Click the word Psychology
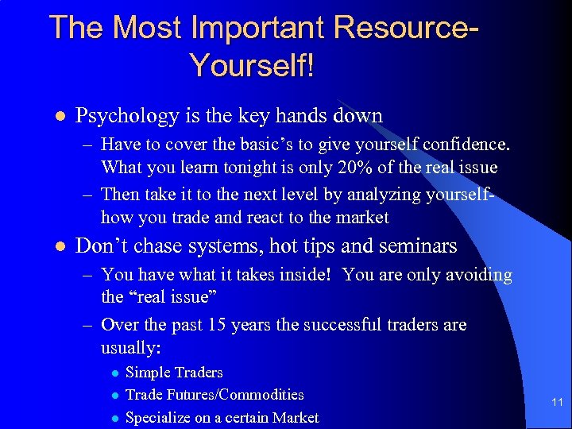coord(127,116)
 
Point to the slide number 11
coord(557,403)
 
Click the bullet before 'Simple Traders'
coord(115,373)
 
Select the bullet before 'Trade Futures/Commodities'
coord(115,395)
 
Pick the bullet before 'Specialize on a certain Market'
coord(115,418)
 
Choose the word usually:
coord(132,347)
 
